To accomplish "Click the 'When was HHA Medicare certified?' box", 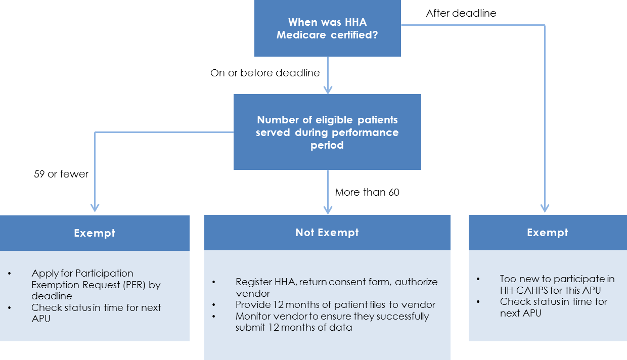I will click(x=327, y=28).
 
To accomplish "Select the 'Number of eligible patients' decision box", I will click(x=327, y=132).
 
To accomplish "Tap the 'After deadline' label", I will click(x=461, y=14).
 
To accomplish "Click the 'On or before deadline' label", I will click(x=265, y=73).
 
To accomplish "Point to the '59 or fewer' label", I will click(x=61, y=174).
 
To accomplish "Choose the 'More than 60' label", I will click(x=367, y=192).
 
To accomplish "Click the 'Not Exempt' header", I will click(x=327, y=233).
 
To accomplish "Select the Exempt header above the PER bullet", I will click(x=95, y=233).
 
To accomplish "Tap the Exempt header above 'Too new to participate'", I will click(x=547, y=233).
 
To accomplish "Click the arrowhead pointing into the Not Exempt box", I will click(x=328, y=209).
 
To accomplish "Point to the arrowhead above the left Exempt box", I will click(x=95, y=207).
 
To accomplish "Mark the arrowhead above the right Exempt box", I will click(x=545, y=207).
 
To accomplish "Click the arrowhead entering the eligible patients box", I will click(x=328, y=89).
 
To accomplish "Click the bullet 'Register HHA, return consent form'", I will click(x=336, y=287).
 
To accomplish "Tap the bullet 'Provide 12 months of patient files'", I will click(x=335, y=305).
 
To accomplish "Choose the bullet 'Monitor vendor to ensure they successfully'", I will click(x=332, y=322).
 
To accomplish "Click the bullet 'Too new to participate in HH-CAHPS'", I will click(x=557, y=284).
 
